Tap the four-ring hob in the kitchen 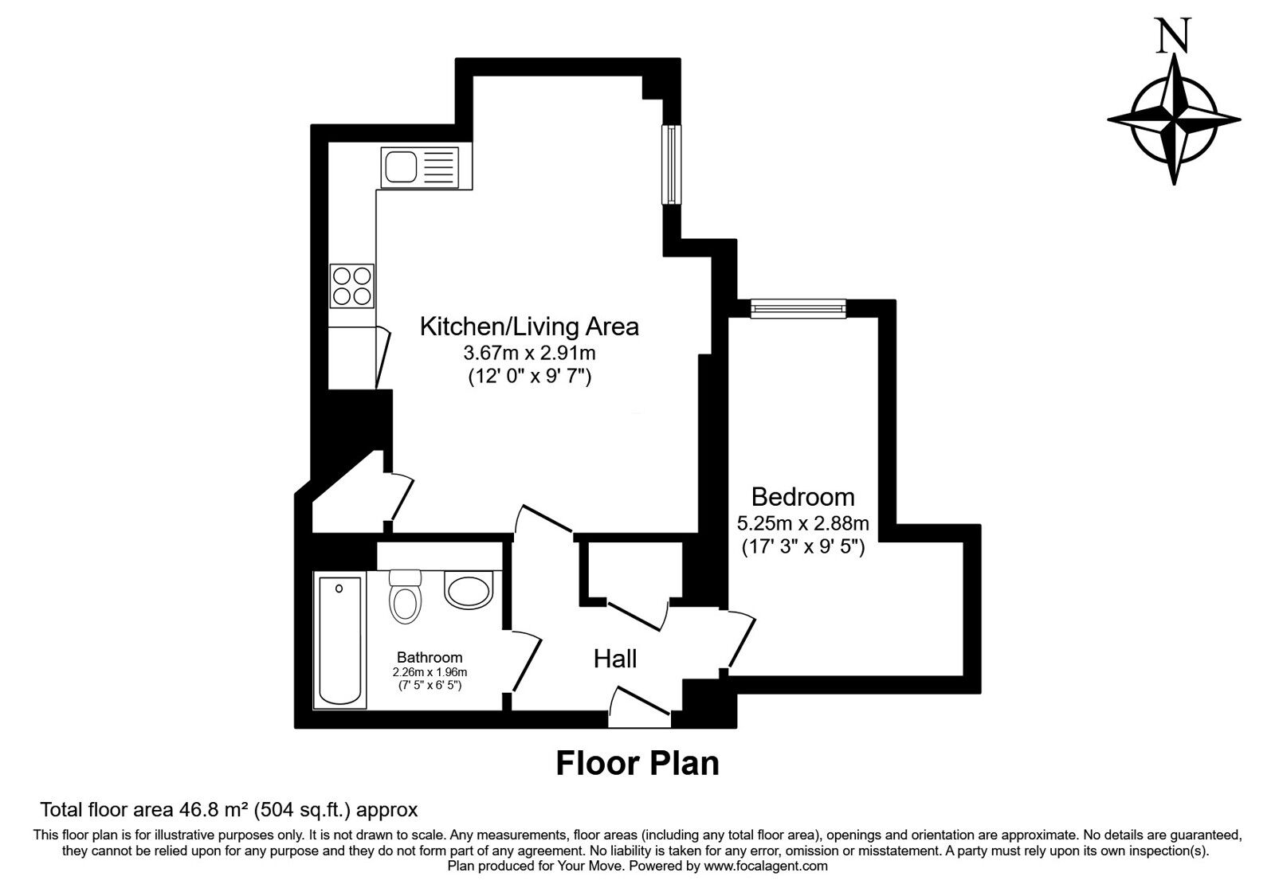pos(351,286)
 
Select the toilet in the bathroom pos(405,597)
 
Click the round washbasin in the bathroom pos(470,591)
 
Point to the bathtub pos(339,641)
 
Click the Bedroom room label pos(802,497)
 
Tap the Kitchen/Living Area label pos(529,327)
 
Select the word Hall pos(615,659)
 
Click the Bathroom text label pos(430,658)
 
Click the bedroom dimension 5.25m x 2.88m pos(802,524)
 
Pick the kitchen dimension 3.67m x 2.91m pos(529,353)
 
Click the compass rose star pos(1174,120)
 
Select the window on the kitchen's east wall pos(673,165)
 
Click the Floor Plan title pos(637,763)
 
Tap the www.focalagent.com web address pos(766,866)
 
